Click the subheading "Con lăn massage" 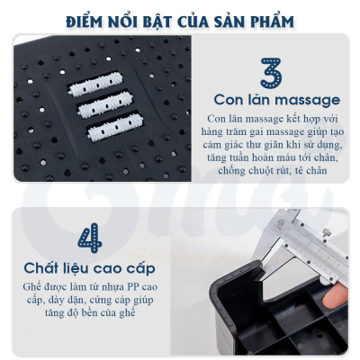pyautogui.click(x=275, y=99)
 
